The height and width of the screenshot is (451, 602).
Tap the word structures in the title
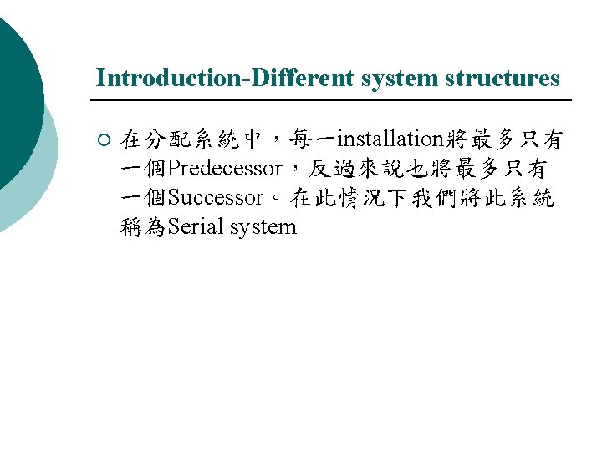(x=503, y=78)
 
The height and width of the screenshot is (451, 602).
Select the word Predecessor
(x=225, y=169)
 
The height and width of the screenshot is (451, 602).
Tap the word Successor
(x=217, y=198)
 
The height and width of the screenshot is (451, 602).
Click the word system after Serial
(x=265, y=227)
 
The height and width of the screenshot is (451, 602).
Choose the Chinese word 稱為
(x=143, y=227)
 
